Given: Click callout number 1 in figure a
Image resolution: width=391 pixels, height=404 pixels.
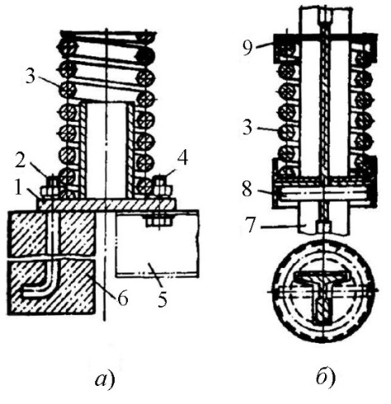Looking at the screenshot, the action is [x=18, y=187].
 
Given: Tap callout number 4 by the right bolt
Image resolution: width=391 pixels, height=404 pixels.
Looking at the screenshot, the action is [x=182, y=158].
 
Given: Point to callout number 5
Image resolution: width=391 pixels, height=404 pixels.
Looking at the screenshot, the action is [x=162, y=299].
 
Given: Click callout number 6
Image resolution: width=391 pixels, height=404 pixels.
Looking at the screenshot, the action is [x=122, y=298].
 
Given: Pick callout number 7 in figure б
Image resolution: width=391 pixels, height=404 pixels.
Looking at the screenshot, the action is [x=251, y=226].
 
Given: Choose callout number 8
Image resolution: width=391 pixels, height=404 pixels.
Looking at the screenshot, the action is [x=248, y=189].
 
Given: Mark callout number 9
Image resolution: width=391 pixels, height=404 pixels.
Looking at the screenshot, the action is [x=248, y=48].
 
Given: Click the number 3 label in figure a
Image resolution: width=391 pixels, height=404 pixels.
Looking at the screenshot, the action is [x=31, y=77].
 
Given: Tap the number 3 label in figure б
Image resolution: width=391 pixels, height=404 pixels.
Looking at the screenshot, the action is [x=248, y=127].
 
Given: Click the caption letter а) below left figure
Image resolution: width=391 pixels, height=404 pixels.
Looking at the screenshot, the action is [x=105, y=380].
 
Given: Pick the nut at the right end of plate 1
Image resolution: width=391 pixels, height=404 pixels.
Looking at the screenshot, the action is [x=161, y=189].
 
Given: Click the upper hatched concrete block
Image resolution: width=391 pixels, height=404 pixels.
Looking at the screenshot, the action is [x=51, y=233].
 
